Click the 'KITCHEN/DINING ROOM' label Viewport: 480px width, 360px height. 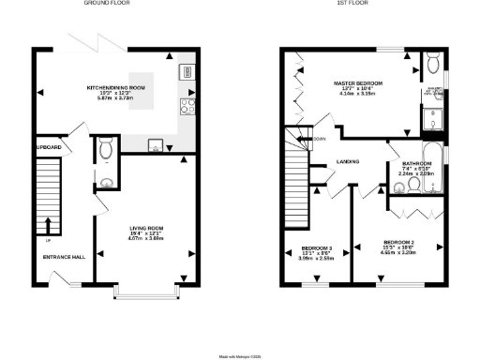(x=116, y=86)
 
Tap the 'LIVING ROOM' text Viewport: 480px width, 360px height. (x=147, y=228)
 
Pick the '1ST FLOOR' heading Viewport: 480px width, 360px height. (x=351, y=4)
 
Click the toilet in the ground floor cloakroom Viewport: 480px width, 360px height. (x=106, y=147)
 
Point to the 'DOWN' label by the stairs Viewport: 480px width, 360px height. (x=319, y=139)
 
